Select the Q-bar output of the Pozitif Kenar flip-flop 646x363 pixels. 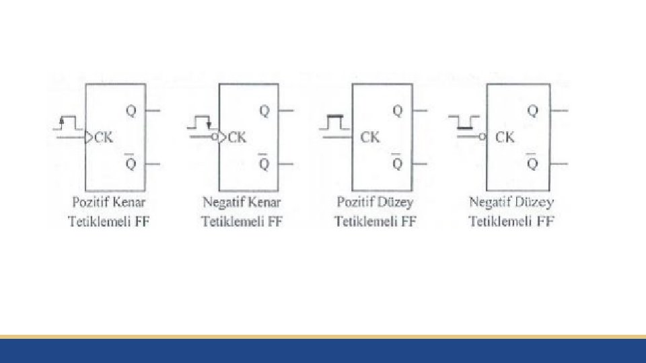coord(131,163)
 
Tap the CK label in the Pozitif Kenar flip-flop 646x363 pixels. coord(104,138)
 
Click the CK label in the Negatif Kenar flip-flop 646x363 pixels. coord(238,137)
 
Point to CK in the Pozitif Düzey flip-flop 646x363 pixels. coord(370,137)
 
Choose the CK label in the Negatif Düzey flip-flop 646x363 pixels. coord(505,137)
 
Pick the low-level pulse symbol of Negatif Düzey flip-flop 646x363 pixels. coord(465,122)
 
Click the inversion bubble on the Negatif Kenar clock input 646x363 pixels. coord(215,137)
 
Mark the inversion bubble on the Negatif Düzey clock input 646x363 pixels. coord(482,137)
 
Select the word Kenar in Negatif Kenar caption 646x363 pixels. coord(265,202)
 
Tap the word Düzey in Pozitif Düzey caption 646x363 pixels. coord(397,202)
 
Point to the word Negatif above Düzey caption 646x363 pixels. coord(491,202)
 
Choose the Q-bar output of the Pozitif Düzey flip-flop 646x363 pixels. coord(398,163)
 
